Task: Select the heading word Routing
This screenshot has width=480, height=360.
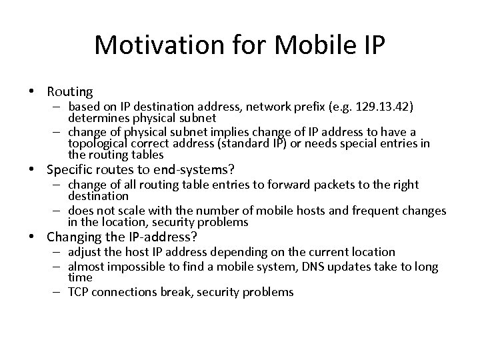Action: [x=70, y=91]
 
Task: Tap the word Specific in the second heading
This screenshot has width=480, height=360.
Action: [x=73, y=169]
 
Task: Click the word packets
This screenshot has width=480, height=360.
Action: [x=319, y=185]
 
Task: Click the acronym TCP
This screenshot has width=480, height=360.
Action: [x=79, y=292]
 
